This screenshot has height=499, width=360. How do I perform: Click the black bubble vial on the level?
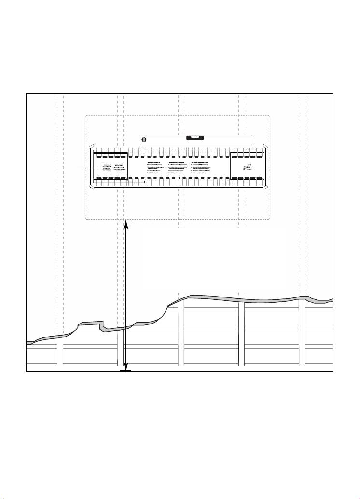[195, 138]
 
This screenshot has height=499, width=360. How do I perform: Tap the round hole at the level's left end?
[144, 140]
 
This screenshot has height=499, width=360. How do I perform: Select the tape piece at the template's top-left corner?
[90, 146]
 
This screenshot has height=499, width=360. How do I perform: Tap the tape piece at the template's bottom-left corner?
[90, 187]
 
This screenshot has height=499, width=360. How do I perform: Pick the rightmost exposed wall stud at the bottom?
[302, 333]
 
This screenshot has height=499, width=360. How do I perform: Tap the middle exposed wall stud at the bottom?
[181, 333]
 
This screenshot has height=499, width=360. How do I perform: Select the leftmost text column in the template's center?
[155, 166]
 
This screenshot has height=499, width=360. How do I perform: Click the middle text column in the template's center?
[178, 166]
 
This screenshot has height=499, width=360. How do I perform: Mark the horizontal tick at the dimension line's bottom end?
[126, 370]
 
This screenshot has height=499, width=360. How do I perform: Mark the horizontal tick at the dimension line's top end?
[126, 220]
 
